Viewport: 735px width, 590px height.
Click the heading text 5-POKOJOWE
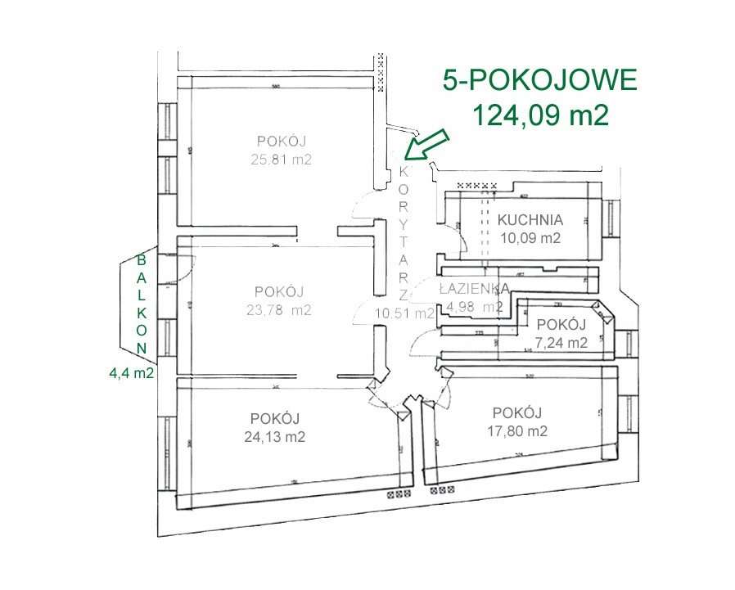click(x=539, y=81)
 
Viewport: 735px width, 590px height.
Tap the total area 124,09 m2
click(x=539, y=115)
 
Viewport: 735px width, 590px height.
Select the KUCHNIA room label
click(x=530, y=219)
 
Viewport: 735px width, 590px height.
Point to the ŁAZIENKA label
click(x=475, y=288)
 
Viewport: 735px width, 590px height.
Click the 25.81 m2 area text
click(x=282, y=160)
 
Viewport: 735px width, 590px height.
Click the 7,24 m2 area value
click(x=561, y=343)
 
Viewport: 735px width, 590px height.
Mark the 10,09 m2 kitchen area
click(x=530, y=239)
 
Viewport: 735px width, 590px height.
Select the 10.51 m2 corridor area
click(x=404, y=312)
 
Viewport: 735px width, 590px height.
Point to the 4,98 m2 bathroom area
click(x=475, y=307)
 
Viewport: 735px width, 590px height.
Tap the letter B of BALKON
click(x=141, y=259)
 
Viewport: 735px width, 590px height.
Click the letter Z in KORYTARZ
click(x=404, y=293)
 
